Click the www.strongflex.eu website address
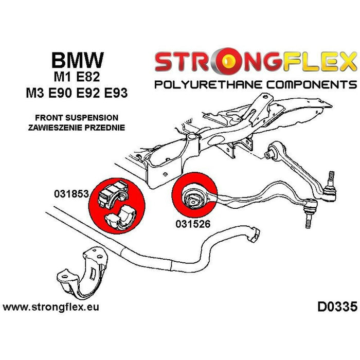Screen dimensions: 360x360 pos(51,308)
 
